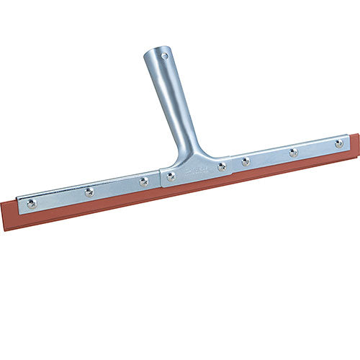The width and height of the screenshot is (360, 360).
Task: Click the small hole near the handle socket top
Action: point(165,55)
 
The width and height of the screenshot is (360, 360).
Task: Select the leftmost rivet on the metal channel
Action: point(31,204)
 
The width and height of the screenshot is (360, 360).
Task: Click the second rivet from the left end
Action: point(89,192)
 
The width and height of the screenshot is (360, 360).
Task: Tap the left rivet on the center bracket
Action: point(171,176)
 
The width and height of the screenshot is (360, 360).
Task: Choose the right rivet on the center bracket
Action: point(222,166)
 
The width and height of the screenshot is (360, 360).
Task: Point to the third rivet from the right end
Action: point(246,161)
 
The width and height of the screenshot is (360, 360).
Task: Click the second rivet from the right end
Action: point(293,153)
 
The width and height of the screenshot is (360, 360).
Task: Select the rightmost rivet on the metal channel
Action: point(338,143)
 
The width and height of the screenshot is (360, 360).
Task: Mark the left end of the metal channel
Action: point(19,204)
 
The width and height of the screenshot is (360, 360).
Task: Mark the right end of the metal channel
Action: point(350,140)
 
